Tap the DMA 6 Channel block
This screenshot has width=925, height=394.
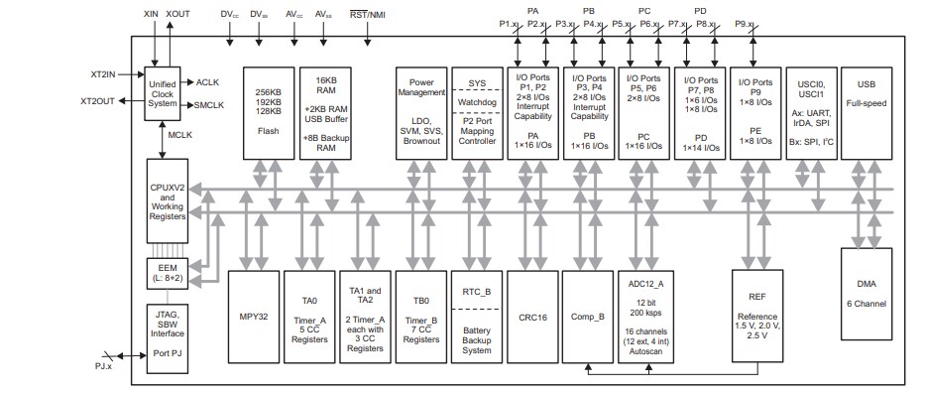coord(866,307)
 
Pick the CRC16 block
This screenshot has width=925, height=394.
coord(533,317)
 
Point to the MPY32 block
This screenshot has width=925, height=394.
coord(255,317)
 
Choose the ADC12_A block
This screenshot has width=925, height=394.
coord(645,317)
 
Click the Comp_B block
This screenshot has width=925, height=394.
coord(589,317)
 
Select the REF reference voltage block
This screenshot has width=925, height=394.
coord(757,317)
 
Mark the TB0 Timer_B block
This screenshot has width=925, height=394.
coord(421,317)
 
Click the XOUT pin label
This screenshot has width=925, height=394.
coord(179,15)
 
